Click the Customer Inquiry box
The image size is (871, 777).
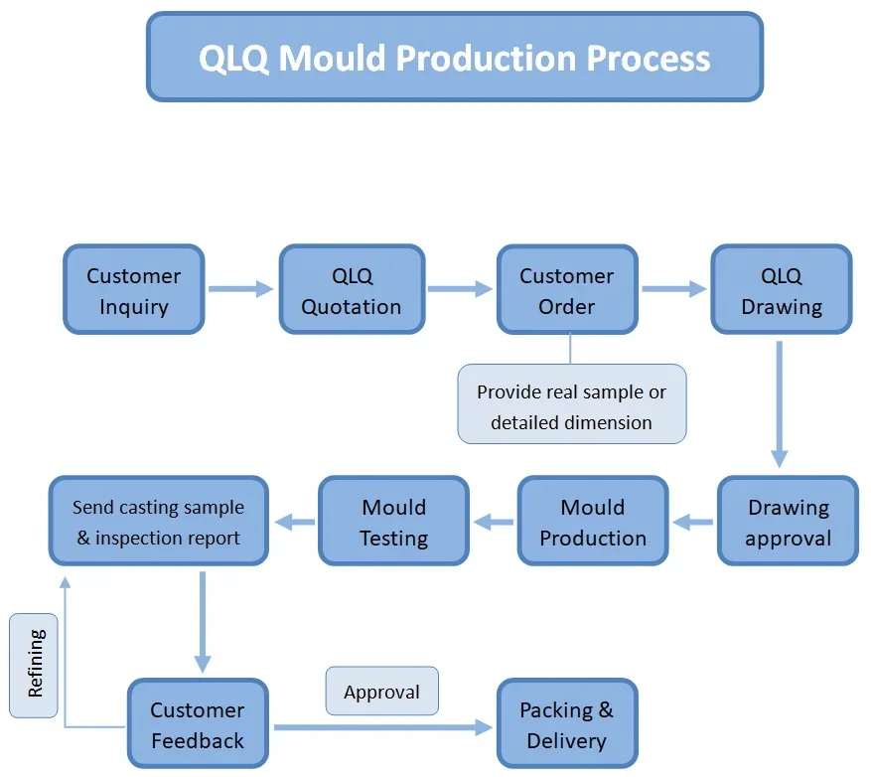(x=133, y=290)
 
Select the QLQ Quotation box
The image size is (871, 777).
(x=352, y=290)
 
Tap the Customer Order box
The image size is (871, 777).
(x=567, y=290)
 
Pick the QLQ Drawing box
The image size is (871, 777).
(x=782, y=290)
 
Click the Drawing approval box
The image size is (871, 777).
(x=788, y=523)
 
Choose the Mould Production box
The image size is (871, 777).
(x=593, y=523)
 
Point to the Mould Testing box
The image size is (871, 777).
(x=393, y=523)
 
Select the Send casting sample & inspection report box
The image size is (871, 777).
(x=159, y=523)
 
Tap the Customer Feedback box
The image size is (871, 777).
(x=197, y=725)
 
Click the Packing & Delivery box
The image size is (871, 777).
(x=566, y=725)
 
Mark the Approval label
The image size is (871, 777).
(x=381, y=692)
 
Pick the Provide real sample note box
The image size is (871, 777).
(x=571, y=405)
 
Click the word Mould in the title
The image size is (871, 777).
(x=332, y=58)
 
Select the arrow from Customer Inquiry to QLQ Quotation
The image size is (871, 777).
(x=240, y=289)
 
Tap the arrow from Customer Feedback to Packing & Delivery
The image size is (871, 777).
(x=382, y=727)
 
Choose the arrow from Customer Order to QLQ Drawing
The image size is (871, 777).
(x=673, y=289)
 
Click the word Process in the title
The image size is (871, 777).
(x=649, y=58)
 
